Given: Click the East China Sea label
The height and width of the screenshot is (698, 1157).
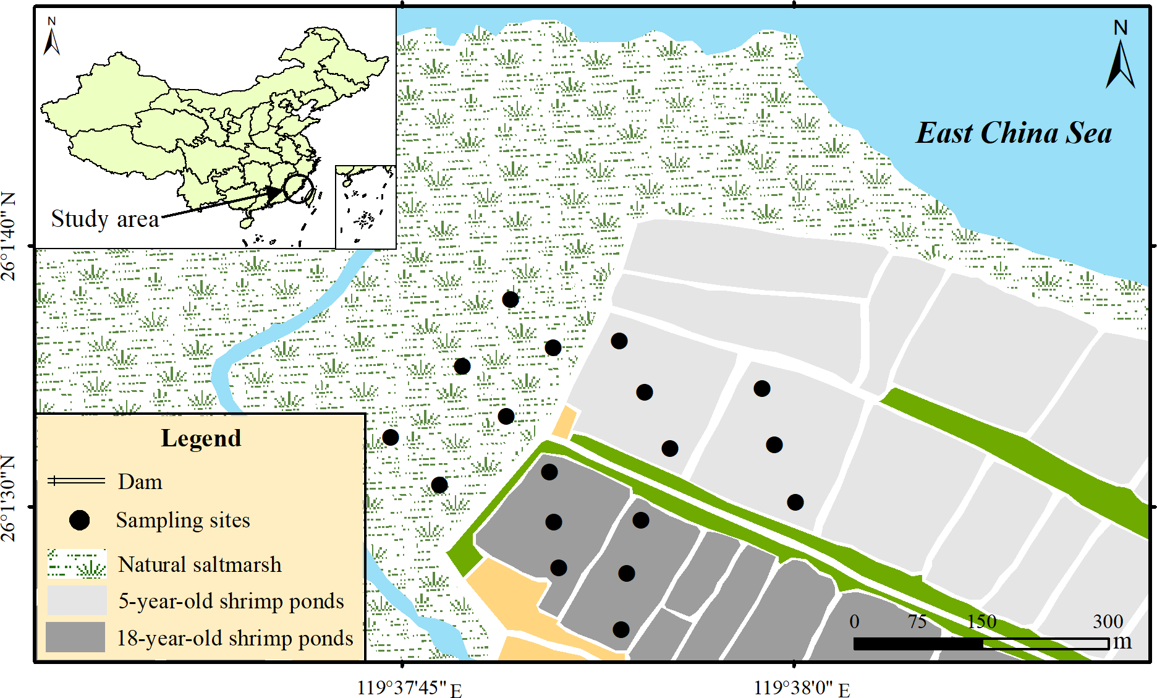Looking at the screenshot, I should (x=1014, y=133).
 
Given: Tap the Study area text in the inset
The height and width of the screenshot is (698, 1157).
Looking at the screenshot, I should (x=104, y=219).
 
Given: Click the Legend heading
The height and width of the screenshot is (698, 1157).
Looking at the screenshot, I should (x=201, y=438).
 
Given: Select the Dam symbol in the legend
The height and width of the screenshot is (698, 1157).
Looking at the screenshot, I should (x=77, y=481).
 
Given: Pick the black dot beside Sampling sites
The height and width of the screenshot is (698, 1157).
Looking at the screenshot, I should (x=79, y=521).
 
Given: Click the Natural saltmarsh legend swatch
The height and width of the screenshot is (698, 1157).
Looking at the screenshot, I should (x=77, y=564).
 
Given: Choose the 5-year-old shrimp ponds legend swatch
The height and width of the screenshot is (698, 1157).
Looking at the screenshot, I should (x=77, y=600).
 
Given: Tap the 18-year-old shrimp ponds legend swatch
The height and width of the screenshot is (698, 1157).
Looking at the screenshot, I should (x=75, y=637).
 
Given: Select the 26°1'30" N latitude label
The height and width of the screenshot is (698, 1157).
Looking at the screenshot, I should (x=9, y=498).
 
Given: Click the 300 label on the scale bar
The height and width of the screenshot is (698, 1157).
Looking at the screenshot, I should (x=1108, y=621).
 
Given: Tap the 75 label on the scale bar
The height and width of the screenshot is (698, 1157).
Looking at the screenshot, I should (x=917, y=621).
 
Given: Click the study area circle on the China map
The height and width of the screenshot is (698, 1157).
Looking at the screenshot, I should (x=298, y=189).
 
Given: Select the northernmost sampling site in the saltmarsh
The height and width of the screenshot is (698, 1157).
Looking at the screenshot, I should (x=511, y=300).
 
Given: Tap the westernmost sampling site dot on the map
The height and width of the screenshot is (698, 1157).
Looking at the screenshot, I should (x=391, y=438).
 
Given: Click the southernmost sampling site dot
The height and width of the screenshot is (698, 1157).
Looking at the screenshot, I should (x=621, y=629).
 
